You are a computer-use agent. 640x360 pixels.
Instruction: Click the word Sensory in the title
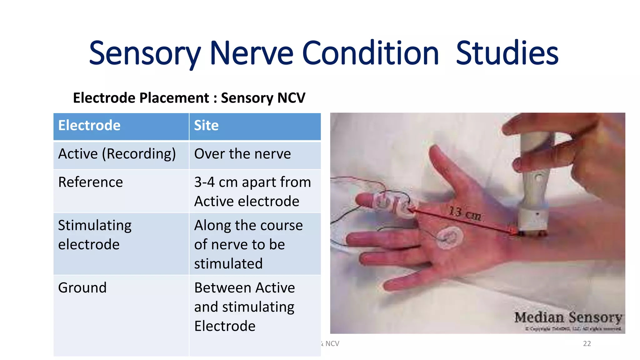(x=144, y=53)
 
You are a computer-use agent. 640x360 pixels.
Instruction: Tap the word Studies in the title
(x=507, y=53)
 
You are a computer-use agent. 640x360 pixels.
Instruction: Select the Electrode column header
(x=89, y=126)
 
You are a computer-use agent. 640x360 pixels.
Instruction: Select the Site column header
(x=206, y=126)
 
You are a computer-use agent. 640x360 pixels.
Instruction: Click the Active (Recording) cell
(x=117, y=154)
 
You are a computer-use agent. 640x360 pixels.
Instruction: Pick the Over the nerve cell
(x=242, y=154)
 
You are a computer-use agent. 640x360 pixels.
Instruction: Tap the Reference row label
(x=91, y=182)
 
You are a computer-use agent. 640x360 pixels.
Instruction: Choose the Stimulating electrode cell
(x=95, y=235)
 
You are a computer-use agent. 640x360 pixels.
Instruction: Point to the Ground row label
(x=82, y=288)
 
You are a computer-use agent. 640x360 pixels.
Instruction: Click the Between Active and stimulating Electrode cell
(x=244, y=307)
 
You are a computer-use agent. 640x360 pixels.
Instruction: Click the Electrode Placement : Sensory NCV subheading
(x=189, y=98)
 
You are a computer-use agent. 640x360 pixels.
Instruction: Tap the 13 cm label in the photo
(x=465, y=213)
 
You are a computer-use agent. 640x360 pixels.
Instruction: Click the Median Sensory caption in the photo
(x=568, y=317)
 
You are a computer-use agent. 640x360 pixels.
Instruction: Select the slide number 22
(x=587, y=344)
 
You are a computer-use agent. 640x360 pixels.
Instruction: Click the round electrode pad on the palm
(x=449, y=238)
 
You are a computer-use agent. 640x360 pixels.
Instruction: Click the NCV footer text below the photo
(x=331, y=344)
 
